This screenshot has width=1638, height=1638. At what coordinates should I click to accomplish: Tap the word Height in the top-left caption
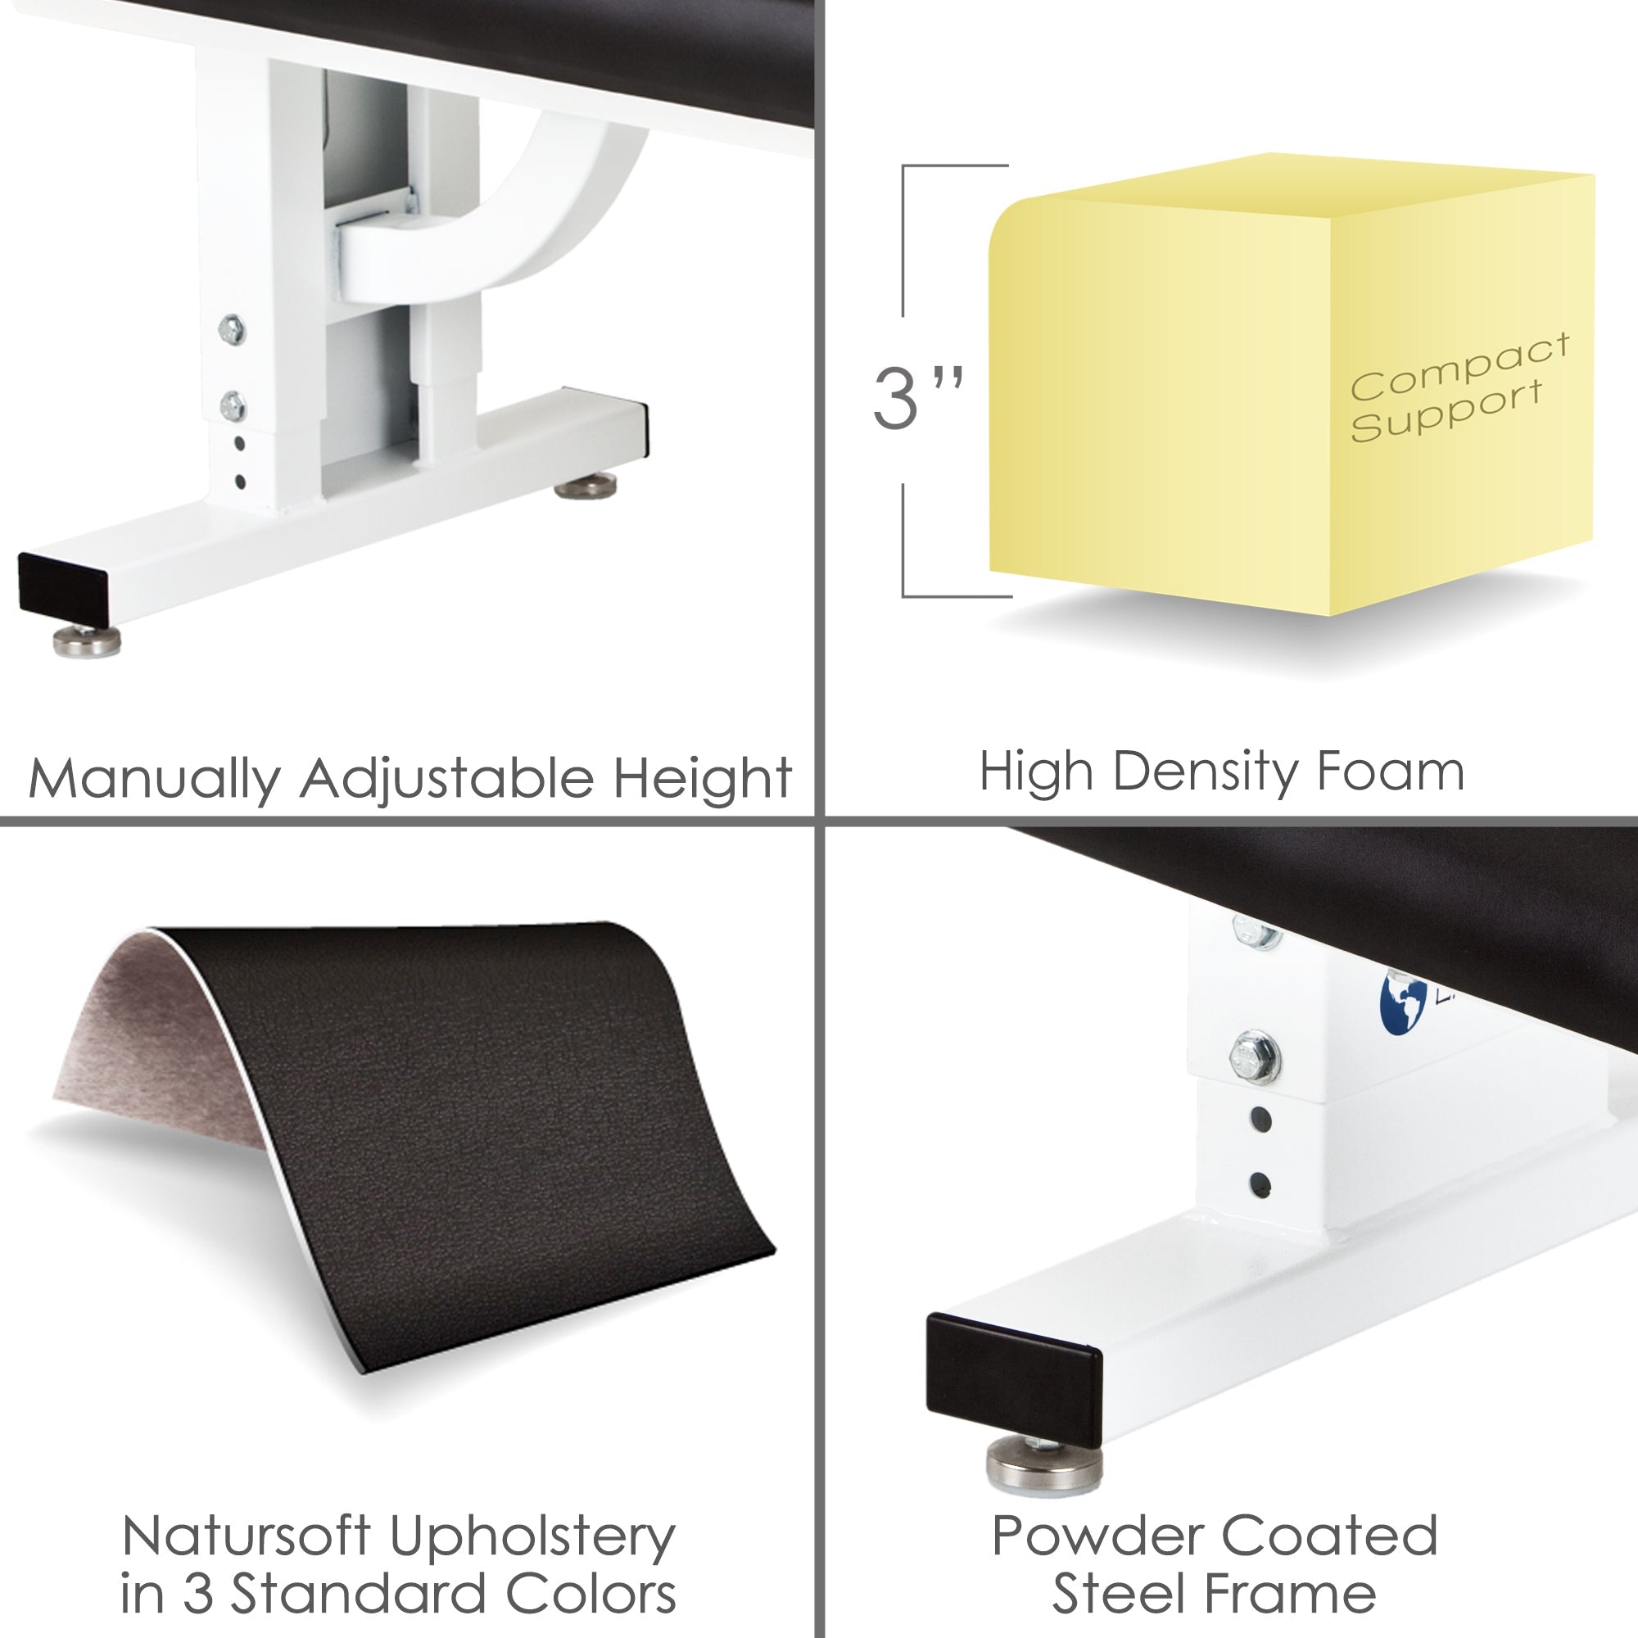click(702, 777)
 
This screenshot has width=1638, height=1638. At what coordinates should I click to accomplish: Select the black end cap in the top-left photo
click(63, 588)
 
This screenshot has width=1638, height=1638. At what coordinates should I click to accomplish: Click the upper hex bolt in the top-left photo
click(232, 329)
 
